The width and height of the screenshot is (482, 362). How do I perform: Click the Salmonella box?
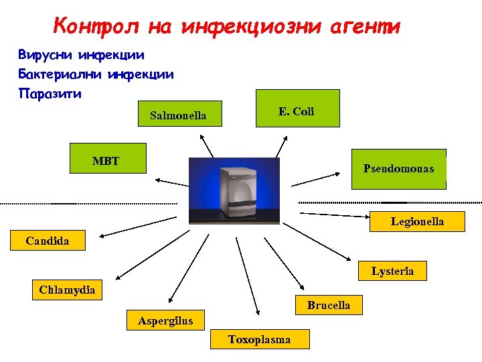tap(177, 116)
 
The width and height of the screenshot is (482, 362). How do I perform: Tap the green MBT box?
tap(108, 158)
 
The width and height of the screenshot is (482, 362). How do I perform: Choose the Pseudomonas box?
tap(398, 169)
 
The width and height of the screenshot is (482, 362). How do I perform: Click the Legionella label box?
tap(417, 221)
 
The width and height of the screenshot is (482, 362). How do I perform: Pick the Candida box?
tap(48, 240)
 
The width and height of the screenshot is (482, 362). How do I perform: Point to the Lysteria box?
tap(393, 271)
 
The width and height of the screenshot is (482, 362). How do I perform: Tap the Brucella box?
tap(328, 305)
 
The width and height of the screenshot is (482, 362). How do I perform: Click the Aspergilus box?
tap(165, 320)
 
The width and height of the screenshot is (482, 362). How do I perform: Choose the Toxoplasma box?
tap(260, 339)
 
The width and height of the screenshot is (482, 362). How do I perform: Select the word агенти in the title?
tap(365, 26)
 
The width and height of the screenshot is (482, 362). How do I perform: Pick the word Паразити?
tap(50, 93)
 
